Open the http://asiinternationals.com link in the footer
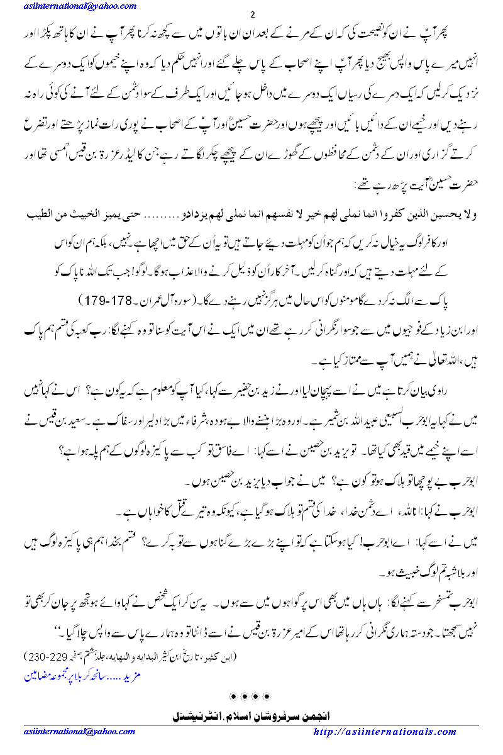tap(385, 732)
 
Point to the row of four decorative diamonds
tap(251, 696)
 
